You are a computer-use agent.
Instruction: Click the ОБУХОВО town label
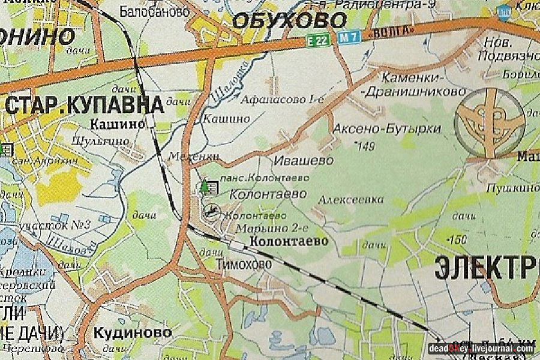tap(289, 21)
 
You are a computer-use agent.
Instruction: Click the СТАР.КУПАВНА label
tap(85, 104)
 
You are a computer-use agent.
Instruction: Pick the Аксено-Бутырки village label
tap(387, 129)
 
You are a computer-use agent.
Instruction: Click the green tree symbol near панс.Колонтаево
tap(205, 187)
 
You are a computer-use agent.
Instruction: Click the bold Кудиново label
tap(133, 332)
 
